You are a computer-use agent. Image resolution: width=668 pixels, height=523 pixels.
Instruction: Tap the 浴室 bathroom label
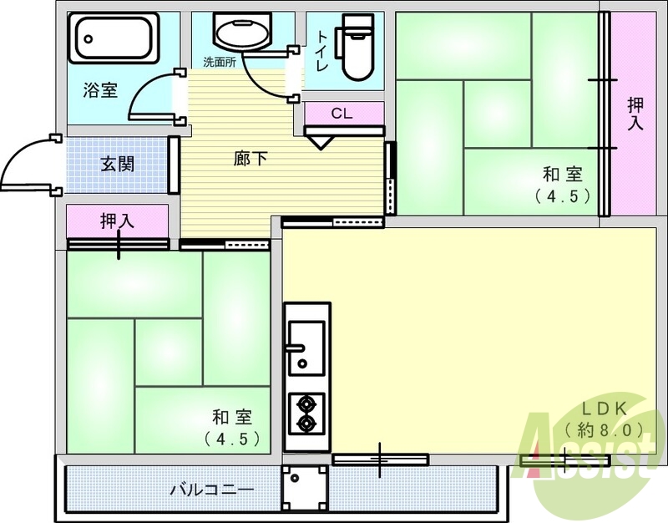click(100, 90)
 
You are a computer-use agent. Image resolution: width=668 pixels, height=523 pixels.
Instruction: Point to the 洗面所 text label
click(220, 62)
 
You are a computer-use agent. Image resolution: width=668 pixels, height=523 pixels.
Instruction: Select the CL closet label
click(342, 114)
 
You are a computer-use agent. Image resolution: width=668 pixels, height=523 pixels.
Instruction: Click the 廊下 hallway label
click(250, 158)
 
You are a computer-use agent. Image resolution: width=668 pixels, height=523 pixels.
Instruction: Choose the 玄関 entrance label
click(117, 163)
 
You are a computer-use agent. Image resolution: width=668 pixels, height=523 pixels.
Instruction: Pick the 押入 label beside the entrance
click(117, 221)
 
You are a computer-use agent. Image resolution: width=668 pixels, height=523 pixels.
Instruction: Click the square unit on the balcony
click(304, 488)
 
